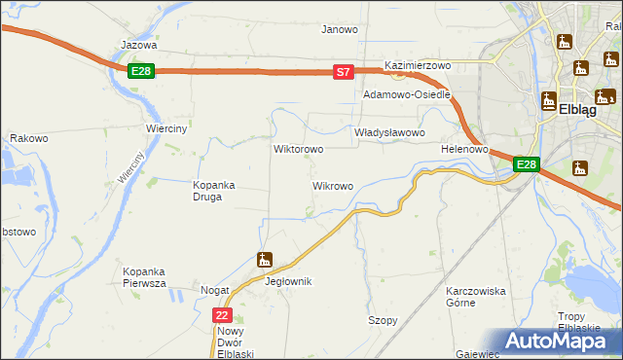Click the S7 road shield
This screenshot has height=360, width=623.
(x=343, y=71)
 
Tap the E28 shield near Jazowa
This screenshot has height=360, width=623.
(x=141, y=70)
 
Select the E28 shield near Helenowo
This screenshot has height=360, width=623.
(x=526, y=164)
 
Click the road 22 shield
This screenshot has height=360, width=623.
(x=223, y=315)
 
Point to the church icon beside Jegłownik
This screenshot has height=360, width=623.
(x=264, y=260)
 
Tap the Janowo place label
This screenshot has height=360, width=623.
(x=340, y=29)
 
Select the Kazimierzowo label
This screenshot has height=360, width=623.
(x=419, y=65)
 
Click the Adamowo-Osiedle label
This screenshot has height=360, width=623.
(x=407, y=95)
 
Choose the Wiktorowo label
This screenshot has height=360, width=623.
(x=299, y=150)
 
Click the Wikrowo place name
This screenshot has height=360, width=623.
(x=332, y=185)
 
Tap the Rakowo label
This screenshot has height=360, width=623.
(x=29, y=138)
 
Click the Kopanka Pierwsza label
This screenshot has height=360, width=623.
(x=144, y=276)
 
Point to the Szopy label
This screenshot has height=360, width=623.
(x=382, y=320)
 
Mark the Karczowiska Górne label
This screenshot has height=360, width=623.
(x=474, y=297)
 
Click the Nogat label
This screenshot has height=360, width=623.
(x=214, y=291)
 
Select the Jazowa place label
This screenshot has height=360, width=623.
(x=138, y=45)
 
